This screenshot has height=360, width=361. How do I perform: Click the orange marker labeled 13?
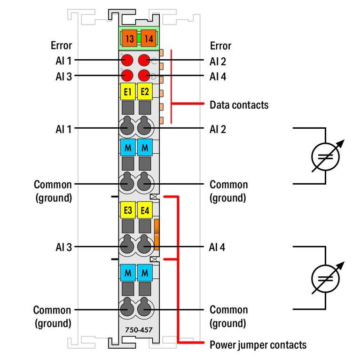point(129,39)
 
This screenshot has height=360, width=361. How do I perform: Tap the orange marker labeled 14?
point(148,39)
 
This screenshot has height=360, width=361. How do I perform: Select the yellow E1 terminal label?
point(127,92)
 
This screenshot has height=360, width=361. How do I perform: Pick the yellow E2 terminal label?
point(145,92)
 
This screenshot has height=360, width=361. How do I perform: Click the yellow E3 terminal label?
point(127,211)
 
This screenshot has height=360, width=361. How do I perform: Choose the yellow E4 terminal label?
point(145,211)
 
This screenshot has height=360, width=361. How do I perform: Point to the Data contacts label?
point(239,105)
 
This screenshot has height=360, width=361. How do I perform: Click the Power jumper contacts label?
point(258,344)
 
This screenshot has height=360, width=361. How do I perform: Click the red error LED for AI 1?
point(127,60)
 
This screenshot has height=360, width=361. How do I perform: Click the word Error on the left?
point(61,46)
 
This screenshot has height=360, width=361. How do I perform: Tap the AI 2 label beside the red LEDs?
point(218,61)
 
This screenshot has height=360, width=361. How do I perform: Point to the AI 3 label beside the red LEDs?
point(63,76)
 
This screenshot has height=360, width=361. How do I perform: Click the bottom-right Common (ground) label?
point(228,316)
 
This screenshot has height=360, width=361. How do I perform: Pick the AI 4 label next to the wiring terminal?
point(218,247)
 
